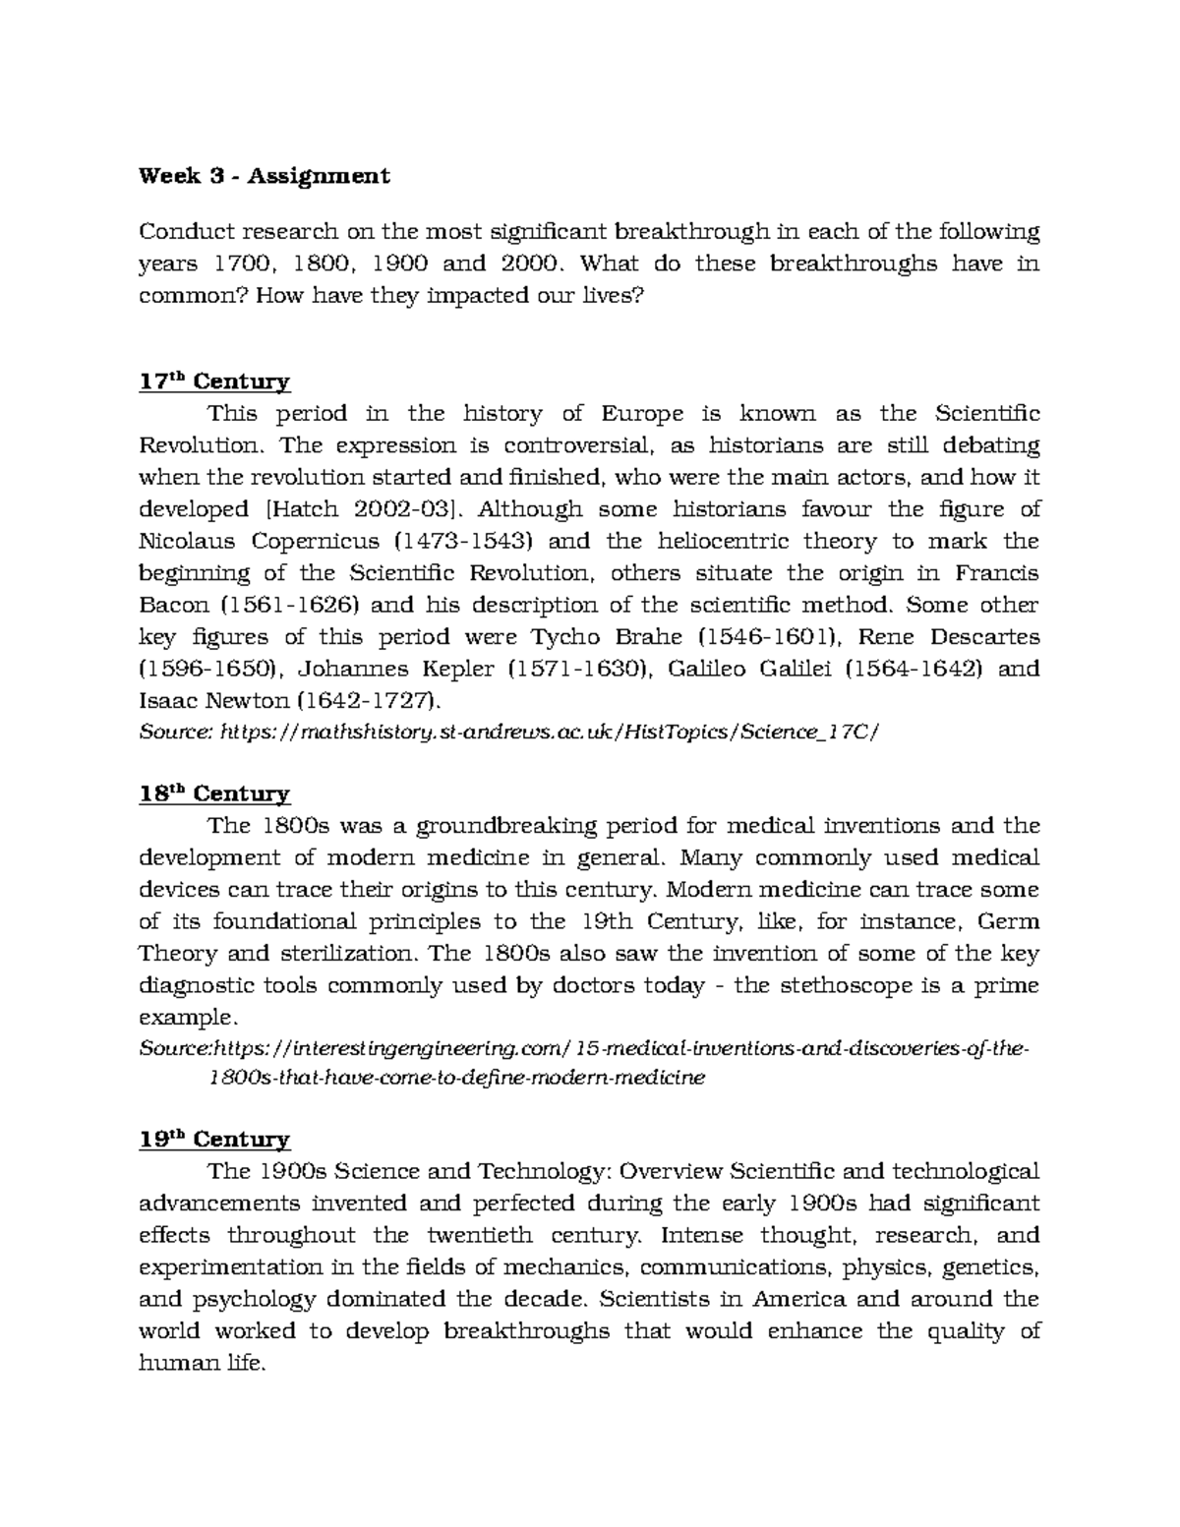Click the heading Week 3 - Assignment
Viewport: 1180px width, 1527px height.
[x=264, y=176]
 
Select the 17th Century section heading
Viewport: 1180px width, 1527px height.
[x=213, y=382]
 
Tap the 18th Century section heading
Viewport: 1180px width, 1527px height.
[x=213, y=793]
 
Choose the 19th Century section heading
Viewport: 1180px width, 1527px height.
[x=213, y=1140]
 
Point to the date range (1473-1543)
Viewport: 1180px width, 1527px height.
[x=463, y=541]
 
